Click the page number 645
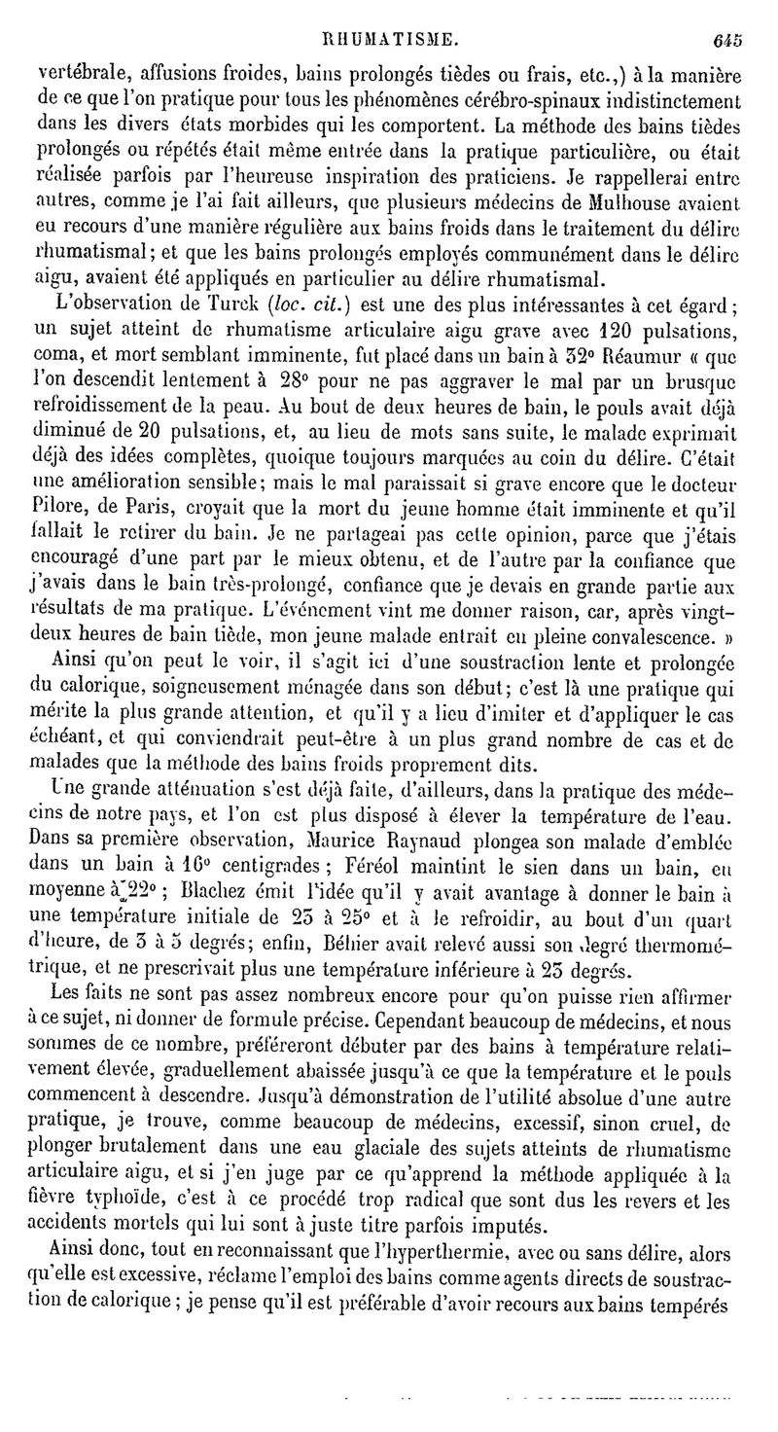click(x=726, y=41)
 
